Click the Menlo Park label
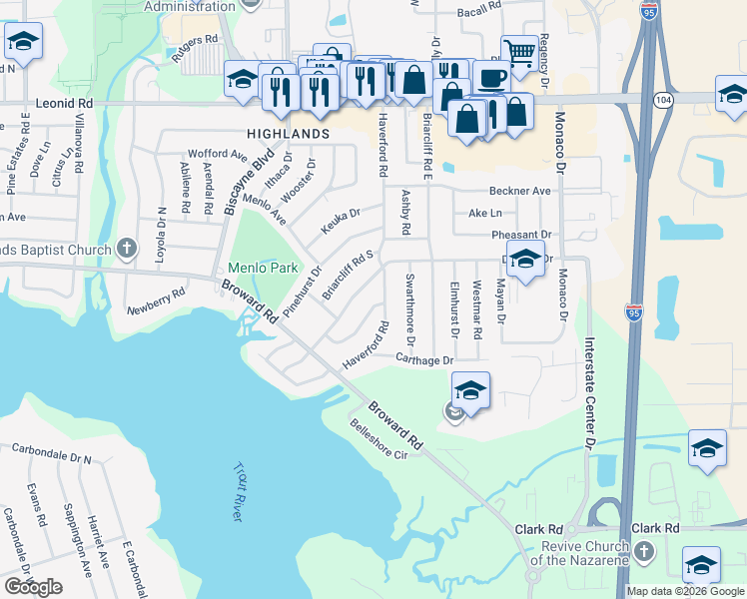(264, 269)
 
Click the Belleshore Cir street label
(381, 440)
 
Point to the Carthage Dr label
(424, 359)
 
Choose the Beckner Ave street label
(520, 191)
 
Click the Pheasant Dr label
(522, 235)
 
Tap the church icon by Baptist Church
(126, 248)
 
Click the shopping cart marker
(519, 52)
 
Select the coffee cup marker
(489, 76)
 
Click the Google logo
(33, 587)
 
